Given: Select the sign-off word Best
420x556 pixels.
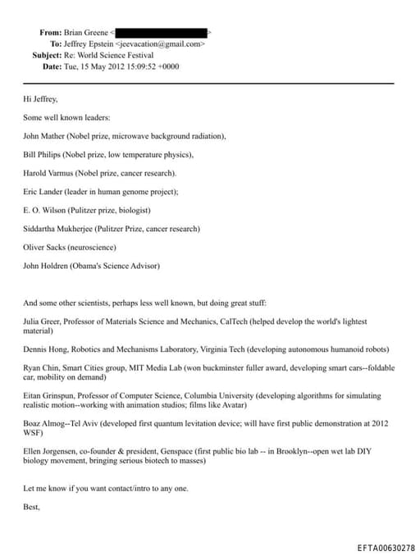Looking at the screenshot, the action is point(32,508).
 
